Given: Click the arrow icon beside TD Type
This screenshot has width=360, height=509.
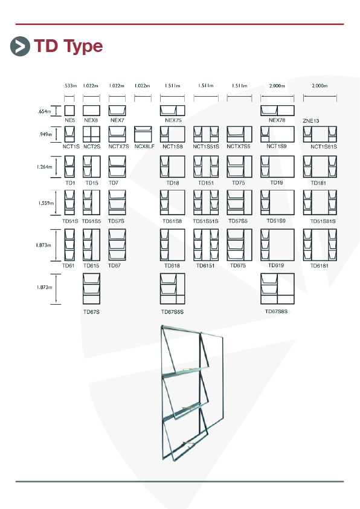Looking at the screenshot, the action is tap(20, 47).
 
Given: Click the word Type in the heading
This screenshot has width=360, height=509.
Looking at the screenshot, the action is tap(83, 47).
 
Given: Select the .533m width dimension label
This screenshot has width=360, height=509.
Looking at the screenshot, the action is tap(71, 86).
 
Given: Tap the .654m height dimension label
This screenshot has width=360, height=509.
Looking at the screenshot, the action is tap(44, 111).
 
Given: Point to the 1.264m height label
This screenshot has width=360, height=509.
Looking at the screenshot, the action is tap(44, 167).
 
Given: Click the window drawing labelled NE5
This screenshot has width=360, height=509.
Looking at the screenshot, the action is tap(69, 111).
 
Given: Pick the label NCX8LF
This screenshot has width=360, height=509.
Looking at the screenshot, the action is tap(144, 146).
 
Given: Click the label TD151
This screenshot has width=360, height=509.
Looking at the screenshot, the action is tap(206, 183).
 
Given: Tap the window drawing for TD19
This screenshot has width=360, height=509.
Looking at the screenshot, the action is tap(277, 166).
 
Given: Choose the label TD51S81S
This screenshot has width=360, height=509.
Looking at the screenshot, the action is tap(323, 221).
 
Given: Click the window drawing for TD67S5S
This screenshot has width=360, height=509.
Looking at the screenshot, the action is tap(173, 288).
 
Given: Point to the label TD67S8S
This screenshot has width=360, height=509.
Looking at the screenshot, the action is tap(276, 311).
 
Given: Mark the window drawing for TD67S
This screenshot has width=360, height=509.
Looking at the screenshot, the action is tap(91, 288).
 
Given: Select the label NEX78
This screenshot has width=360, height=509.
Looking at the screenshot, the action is tap(277, 120).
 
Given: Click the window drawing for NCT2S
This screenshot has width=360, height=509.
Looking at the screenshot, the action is tap(91, 134).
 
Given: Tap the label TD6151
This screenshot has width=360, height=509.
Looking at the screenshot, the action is tap(205, 265).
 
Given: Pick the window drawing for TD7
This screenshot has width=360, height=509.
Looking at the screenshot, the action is tap(117, 166).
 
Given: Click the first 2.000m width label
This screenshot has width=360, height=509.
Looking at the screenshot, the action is tap(277, 86).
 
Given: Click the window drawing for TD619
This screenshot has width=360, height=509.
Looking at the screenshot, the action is tap(277, 245).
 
